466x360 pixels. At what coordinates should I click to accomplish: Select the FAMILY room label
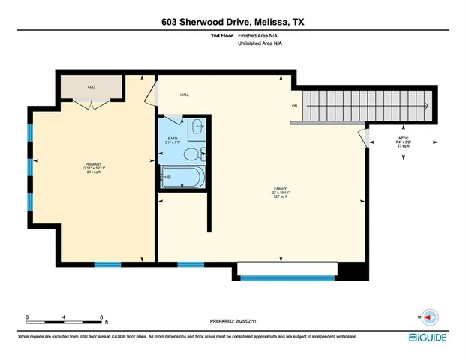pyautogui.click(x=281, y=193)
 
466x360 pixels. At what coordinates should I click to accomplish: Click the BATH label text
pyautogui.click(x=172, y=139)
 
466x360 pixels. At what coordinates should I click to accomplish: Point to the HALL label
pyautogui.click(x=184, y=94)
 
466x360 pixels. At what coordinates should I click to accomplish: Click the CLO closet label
pyautogui.click(x=91, y=87)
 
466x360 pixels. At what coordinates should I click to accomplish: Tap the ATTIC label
pyautogui.click(x=402, y=139)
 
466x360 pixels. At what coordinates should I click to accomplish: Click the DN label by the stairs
pyautogui.click(x=295, y=106)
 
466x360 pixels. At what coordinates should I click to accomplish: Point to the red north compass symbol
pyautogui.click(x=430, y=316)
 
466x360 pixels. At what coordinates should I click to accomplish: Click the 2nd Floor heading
pyautogui.click(x=223, y=36)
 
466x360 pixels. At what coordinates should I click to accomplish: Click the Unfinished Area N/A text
pyautogui.click(x=260, y=44)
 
